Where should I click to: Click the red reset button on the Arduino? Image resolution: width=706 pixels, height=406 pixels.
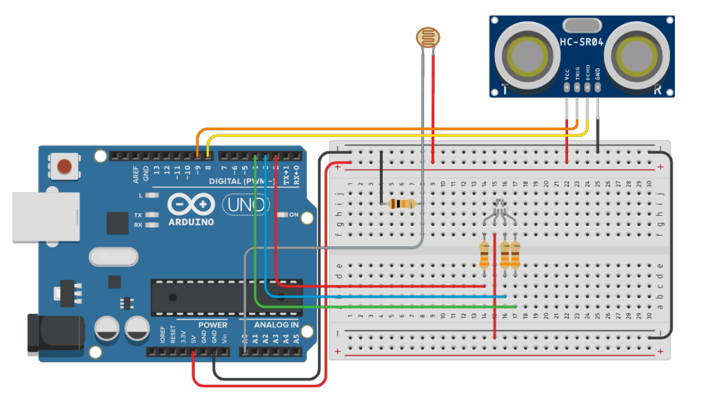[x=64, y=166]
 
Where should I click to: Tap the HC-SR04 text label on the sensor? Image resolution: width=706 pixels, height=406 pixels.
[x=581, y=42]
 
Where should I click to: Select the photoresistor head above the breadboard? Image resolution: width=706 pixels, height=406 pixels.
[x=427, y=36]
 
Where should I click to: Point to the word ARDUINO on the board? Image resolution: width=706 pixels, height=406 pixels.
[x=191, y=222]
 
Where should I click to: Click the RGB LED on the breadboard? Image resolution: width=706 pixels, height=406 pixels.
[x=500, y=206]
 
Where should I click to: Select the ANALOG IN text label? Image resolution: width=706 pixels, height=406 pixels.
[x=276, y=325]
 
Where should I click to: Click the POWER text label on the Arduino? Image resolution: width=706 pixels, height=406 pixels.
[x=212, y=325]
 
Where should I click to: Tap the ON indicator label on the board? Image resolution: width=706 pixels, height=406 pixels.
[x=293, y=215]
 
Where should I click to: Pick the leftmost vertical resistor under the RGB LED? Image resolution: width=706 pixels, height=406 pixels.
[x=485, y=254]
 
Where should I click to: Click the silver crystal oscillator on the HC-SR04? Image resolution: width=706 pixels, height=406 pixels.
[x=581, y=26]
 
